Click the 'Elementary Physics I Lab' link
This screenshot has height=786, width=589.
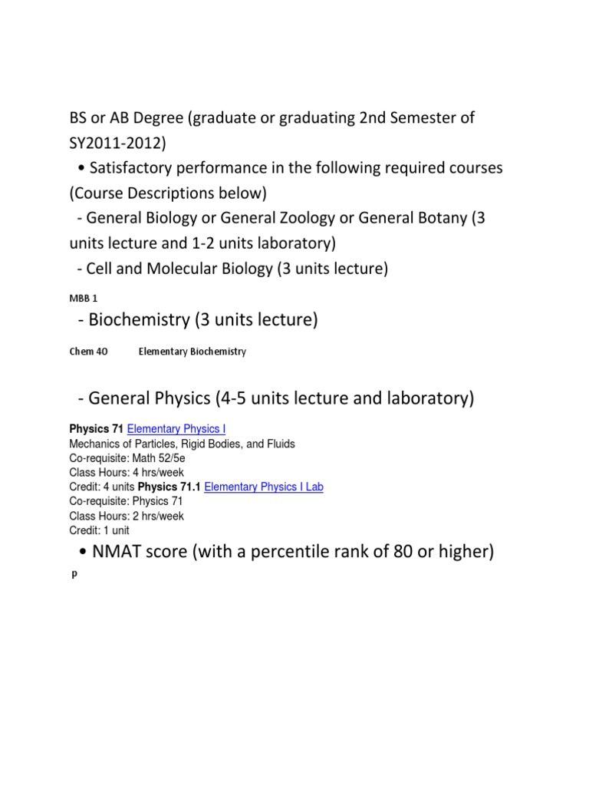coord(264,487)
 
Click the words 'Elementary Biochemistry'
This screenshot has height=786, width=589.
coord(192,352)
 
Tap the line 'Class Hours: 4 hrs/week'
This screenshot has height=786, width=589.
coord(127,472)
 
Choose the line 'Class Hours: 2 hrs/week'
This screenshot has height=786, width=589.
coord(127,516)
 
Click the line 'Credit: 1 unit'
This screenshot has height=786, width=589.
coord(100,530)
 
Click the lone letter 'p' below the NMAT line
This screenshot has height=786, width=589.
coord(74,575)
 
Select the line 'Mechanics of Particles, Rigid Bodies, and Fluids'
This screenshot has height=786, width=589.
coord(182,444)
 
